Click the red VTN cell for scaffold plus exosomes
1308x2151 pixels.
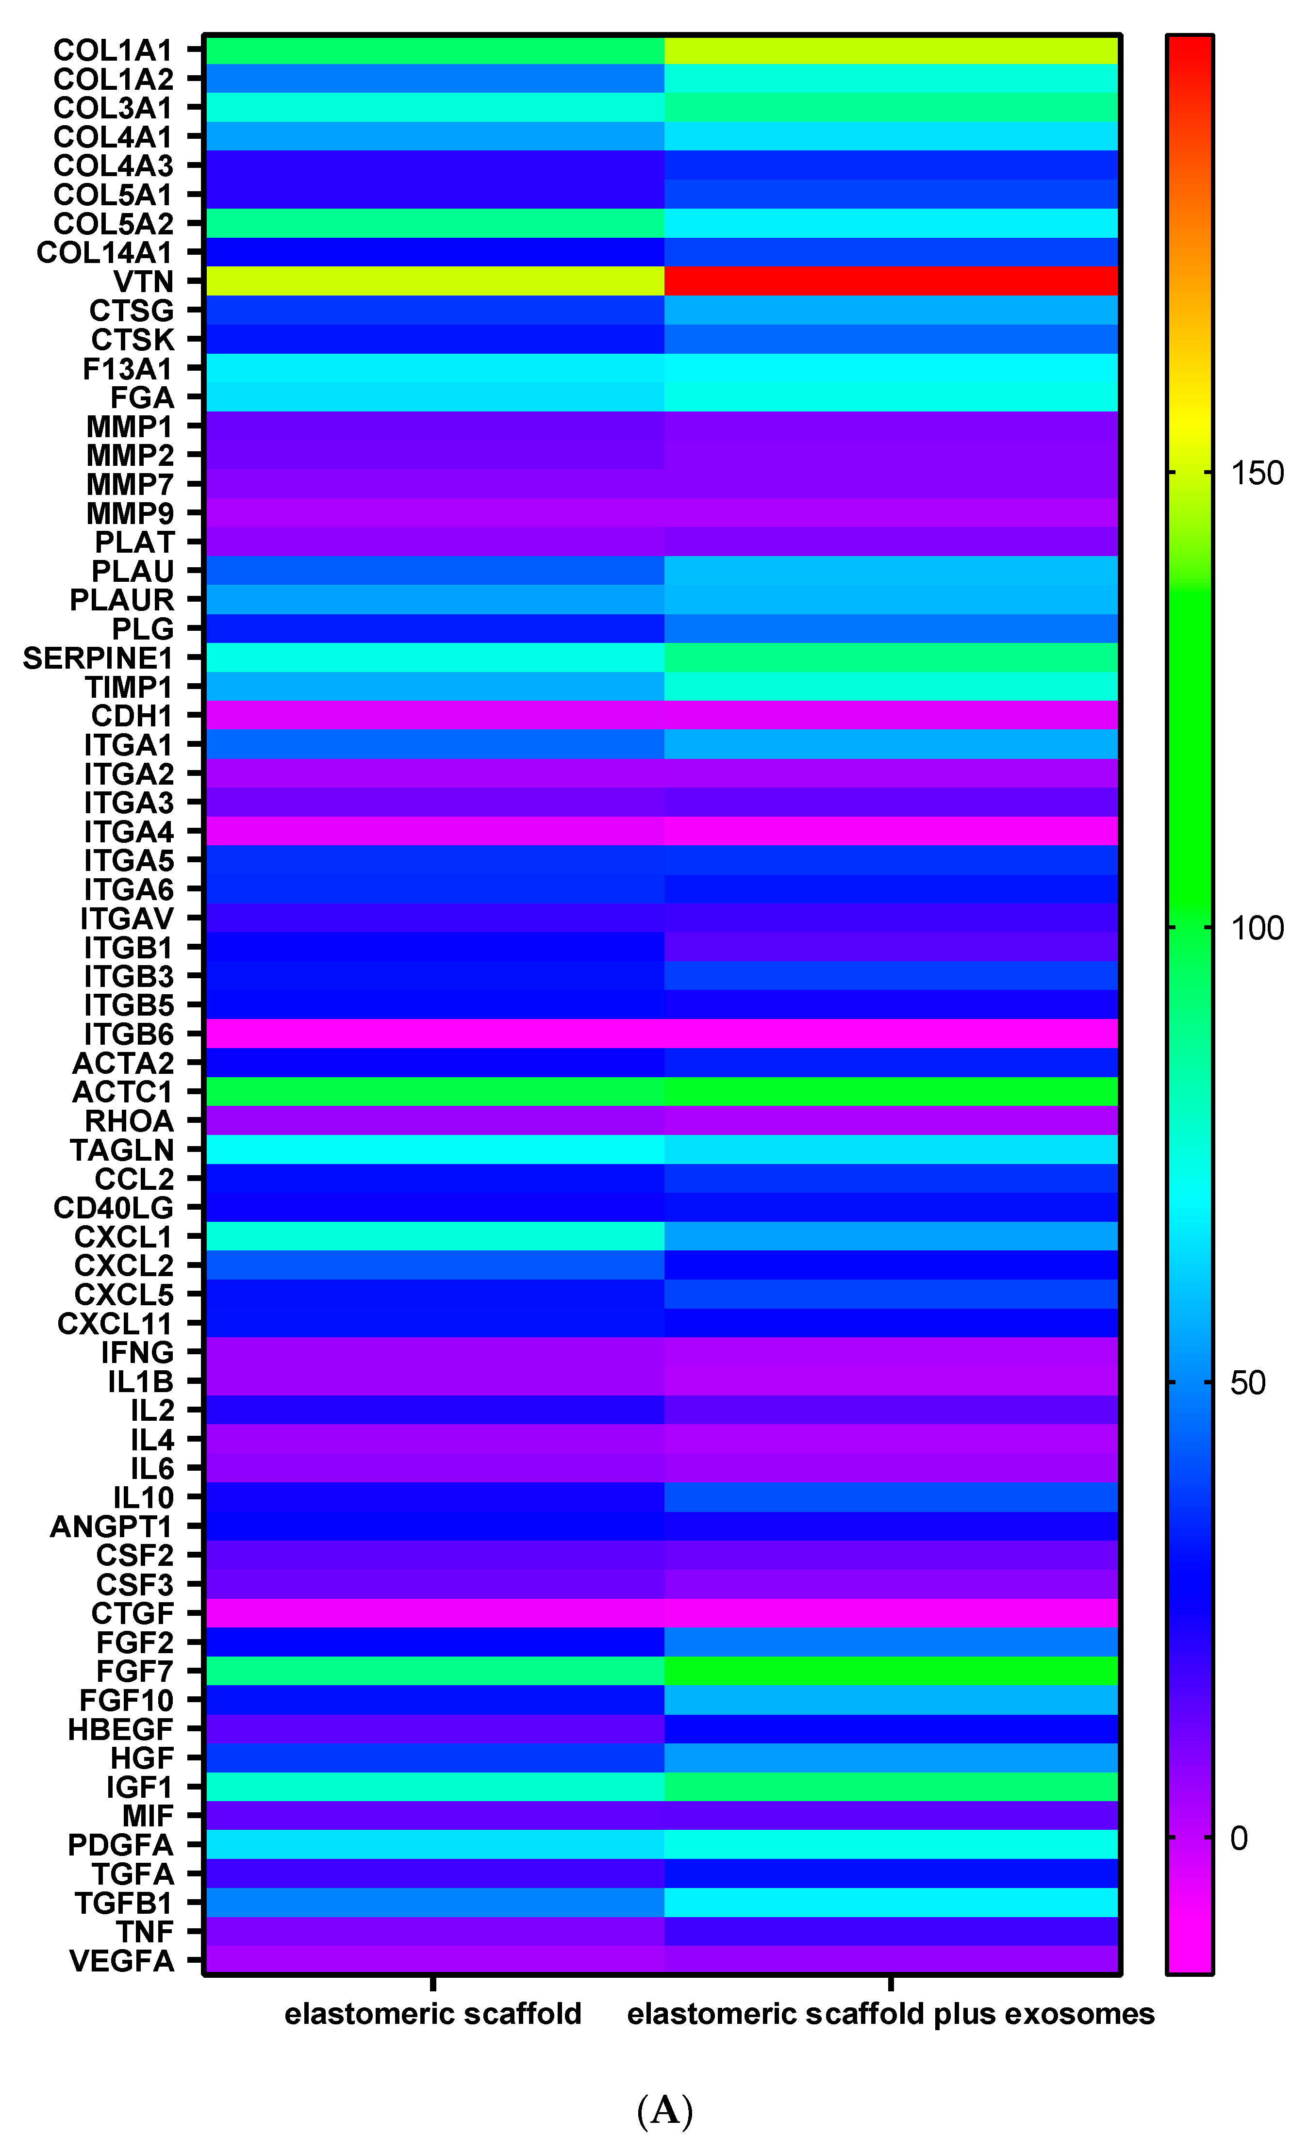click(x=891, y=281)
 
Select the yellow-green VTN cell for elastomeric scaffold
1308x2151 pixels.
click(x=434, y=281)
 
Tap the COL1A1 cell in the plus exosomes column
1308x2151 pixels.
click(x=891, y=50)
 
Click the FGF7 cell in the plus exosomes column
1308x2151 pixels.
click(x=891, y=1671)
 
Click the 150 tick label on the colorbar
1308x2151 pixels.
click(x=1257, y=473)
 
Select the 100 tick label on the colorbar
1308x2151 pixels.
click(x=1257, y=928)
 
